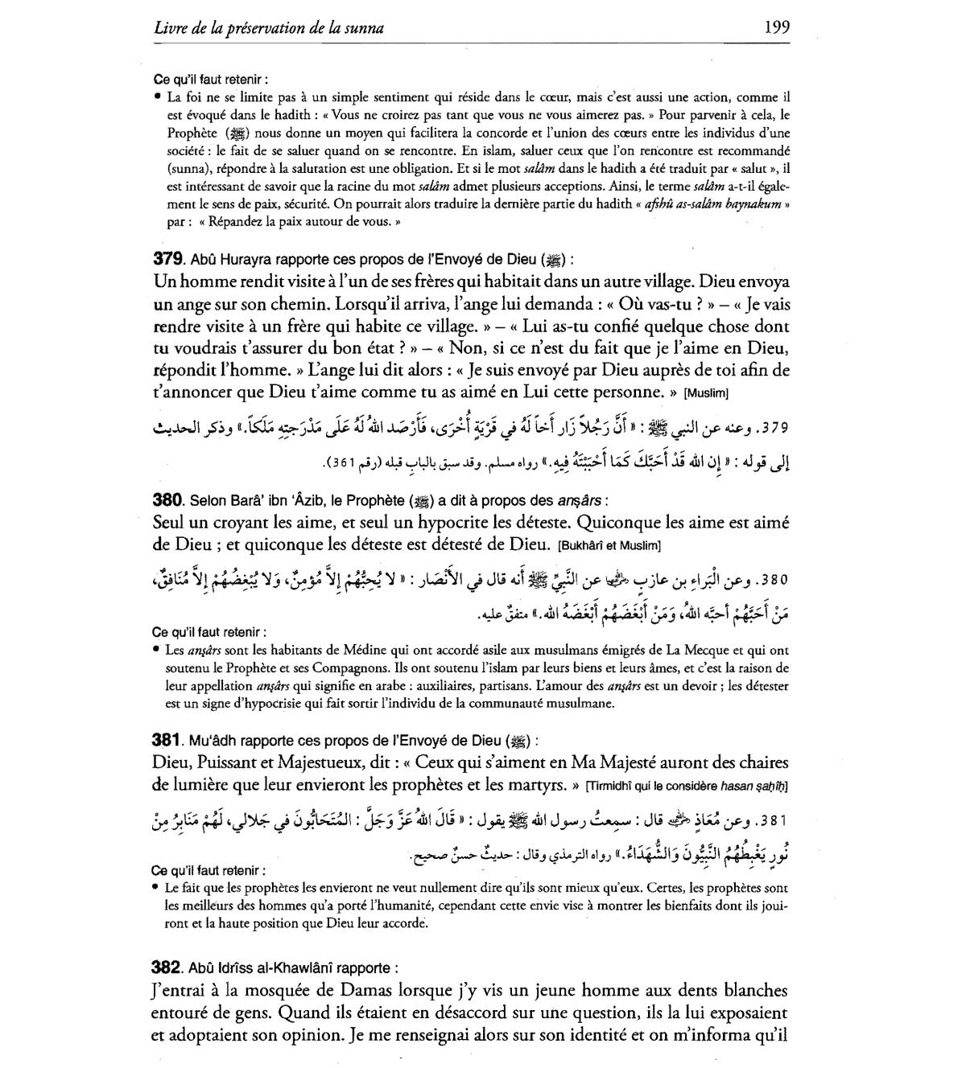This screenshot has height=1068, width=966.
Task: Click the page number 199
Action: [777, 28]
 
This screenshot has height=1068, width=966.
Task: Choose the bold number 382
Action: [167, 968]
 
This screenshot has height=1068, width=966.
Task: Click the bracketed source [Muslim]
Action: [706, 394]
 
